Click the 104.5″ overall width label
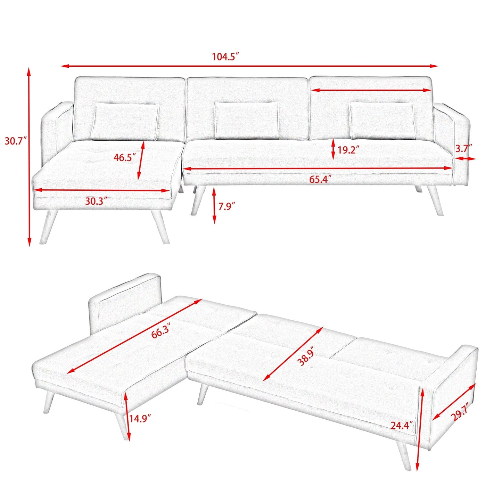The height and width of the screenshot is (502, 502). click(226, 57)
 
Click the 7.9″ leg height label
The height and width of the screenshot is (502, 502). click(227, 206)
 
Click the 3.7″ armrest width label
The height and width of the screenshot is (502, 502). click(464, 149)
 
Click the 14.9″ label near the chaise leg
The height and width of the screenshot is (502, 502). click(141, 418)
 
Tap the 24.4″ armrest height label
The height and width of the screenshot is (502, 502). click(402, 425)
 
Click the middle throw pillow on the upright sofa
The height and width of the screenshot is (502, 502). click(246, 120)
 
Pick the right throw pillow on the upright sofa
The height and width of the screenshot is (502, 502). click(382, 121)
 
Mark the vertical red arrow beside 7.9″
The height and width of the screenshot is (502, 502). click(214, 205)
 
